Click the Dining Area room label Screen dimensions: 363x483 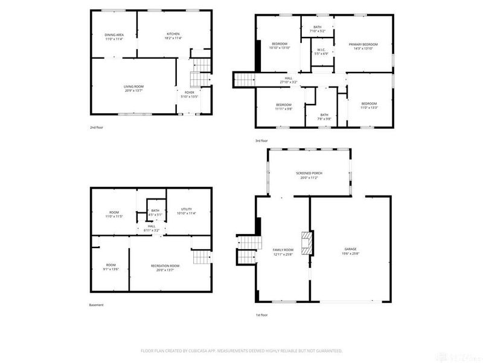[x=115, y=35]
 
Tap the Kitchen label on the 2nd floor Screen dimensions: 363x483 [x=173, y=34]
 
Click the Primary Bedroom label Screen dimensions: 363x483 [x=363, y=44]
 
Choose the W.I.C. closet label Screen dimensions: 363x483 [x=321, y=50]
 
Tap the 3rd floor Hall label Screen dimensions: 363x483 [x=289, y=78]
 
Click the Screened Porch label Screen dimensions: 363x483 [x=309, y=173]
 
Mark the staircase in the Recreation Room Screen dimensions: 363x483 [x=200, y=258]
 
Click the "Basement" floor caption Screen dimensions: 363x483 [x=97, y=305]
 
